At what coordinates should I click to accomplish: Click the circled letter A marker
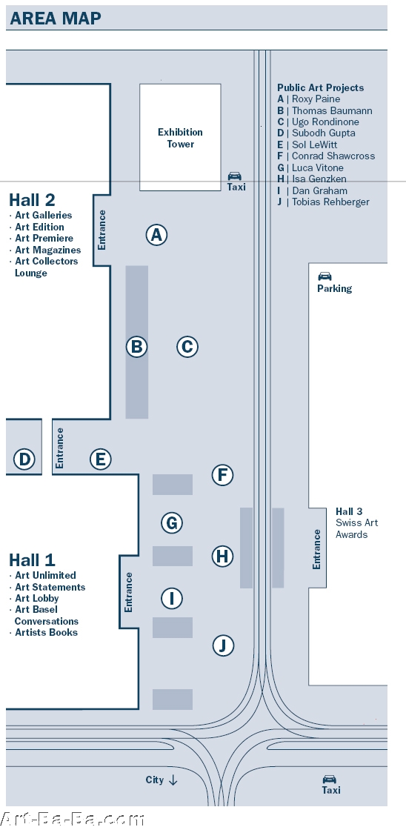(x=156, y=235)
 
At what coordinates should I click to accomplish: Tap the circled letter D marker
(x=24, y=459)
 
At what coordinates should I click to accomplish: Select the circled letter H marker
(x=222, y=556)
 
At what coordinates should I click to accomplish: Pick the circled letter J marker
(x=223, y=645)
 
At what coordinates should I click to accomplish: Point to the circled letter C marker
(x=187, y=347)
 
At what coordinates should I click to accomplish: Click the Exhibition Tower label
(x=180, y=138)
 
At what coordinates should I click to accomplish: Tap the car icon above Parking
(x=325, y=276)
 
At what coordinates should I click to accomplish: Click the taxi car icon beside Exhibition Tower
(x=235, y=176)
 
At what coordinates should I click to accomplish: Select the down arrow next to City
(x=173, y=780)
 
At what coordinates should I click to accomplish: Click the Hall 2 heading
(x=32, y=200)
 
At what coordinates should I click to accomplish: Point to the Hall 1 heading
(x=32, y=559)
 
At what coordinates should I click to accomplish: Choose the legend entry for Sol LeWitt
(x=307, y=145)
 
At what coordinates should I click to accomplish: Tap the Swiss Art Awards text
(x=357, y=528)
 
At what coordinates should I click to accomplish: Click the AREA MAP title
(x=56, y=19)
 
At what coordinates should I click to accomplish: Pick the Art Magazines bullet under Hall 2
(x=45, y=250)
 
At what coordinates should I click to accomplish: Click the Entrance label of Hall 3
(x=317, y=549)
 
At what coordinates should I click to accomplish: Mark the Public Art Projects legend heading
(x=321, y=87)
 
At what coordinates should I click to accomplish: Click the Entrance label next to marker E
(x=59, y=448)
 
